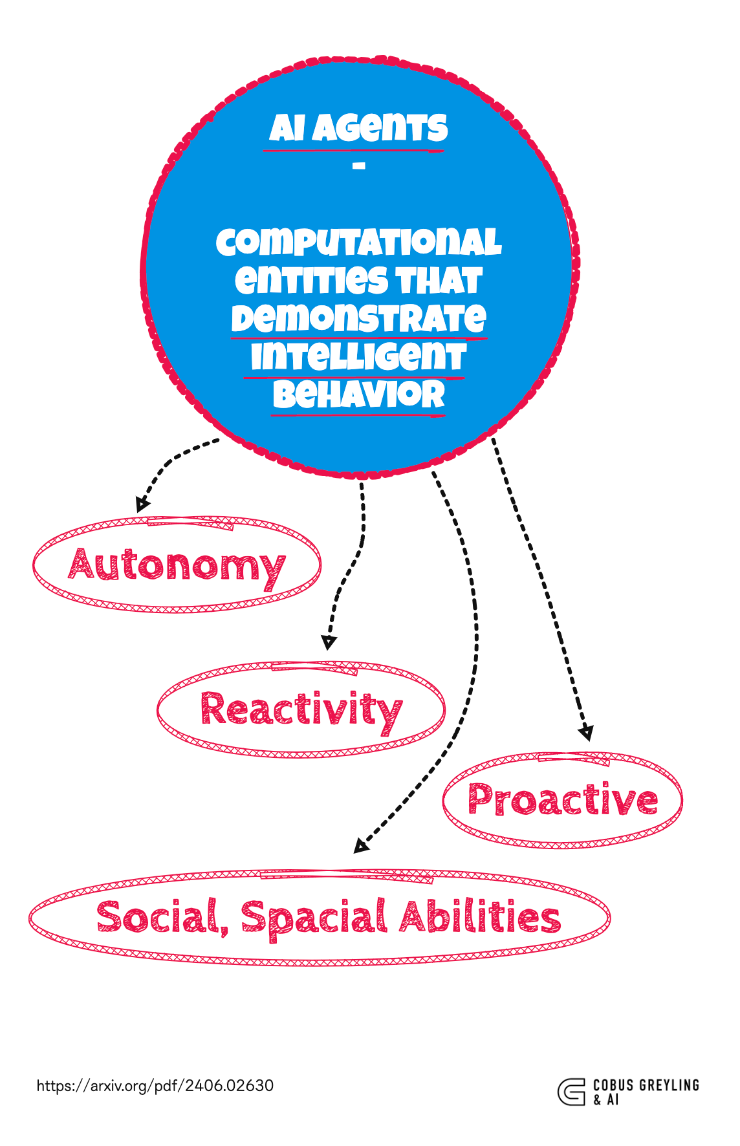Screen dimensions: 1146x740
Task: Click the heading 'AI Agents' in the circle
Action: pyautogui.click(x=358, y=128)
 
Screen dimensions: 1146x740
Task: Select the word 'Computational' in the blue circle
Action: pyautogui.click(x=358, y=243)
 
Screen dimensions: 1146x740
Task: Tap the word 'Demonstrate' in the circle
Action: pyautogui.click(x=358, y=318)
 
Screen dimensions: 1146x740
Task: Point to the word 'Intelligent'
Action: pyautogui.click(x=358, y=356)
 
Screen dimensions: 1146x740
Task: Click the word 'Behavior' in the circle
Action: pyautogui.click(x=358, y=395)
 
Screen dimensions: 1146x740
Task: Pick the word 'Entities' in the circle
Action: pyautogui.click(x=312, y=281)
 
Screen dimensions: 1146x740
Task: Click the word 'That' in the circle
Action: pyautogui.click(x=439, y=281)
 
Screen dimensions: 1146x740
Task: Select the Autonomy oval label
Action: pyautogui.click(x=177, y=565)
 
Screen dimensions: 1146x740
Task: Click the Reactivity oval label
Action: pyautogui.click(x=301, y=709)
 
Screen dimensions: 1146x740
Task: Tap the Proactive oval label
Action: pyautogui.click(x=562, y=800)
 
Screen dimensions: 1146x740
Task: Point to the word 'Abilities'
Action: pyautogui.click(x=479, y=918)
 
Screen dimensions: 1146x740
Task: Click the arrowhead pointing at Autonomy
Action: pyautogui.click(x=142, y=506)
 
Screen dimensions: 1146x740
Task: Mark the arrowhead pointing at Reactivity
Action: pyautogui.click(x=329, y=642)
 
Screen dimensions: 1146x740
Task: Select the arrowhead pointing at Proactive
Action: pyautogui.click(x=586, y=733)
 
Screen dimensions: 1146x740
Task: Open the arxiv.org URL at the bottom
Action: pyautogui.click(x=155, y=1085)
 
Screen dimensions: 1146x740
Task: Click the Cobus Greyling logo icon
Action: pyautogui.click(x=571, y=1092)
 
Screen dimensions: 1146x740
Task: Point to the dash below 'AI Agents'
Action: pyautogui.click(x=359, y=166)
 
